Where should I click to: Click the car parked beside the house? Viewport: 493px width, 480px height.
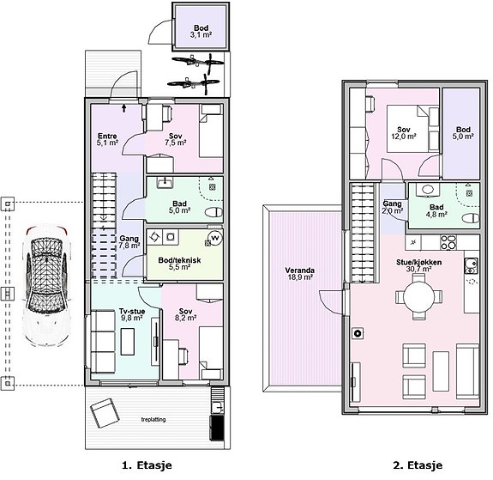[x=46, y=285]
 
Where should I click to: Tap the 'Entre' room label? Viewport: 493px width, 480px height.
[x=107, y=136]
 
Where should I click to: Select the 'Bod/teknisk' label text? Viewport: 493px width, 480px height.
[x=179, y=260]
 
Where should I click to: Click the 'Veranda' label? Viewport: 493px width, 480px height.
[x=299, y=270]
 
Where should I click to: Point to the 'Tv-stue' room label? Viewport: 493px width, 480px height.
[x=132, y=311]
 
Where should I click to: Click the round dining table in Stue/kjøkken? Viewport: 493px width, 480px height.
[x=418, y=296]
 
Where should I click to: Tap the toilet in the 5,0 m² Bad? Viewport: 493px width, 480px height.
[x=213, y=212]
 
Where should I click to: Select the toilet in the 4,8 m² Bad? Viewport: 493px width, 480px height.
[x=471, y=218]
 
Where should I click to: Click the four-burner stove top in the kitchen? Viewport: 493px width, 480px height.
[x=448, y=242]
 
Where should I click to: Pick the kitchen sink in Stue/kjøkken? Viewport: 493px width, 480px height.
[x=471, y=266]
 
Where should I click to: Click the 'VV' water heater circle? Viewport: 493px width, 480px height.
[x=216, y=238]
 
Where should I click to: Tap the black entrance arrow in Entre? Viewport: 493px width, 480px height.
[x=124, y=108]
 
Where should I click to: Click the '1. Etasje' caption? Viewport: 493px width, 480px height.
[x=147, y=465]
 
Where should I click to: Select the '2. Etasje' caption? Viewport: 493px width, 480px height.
[x=418, y=465]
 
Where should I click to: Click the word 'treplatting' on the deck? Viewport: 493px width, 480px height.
[x=153, y=420]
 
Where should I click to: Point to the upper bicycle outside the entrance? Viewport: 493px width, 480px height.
[x=198, y=61]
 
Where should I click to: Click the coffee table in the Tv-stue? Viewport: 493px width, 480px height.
[x=128, y=342]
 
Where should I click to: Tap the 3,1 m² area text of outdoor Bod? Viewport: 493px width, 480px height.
[x=201, y=34]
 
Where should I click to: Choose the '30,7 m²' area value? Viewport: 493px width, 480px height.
[x=418, y=270]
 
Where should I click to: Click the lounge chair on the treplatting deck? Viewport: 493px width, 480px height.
[x=105, y=413]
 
